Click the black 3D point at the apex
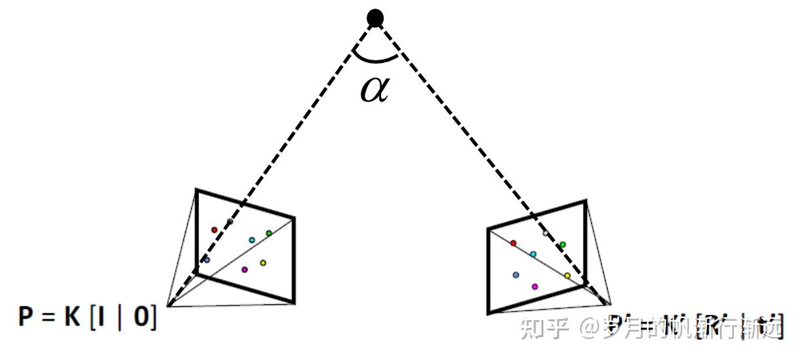click(x=375, y=18)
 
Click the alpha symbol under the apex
click(x=375, y=90)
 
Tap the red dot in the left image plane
click(x=214, y=230)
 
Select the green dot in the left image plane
click(x=268, y=233)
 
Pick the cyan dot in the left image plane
click(x=251, y=240)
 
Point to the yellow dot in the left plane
click(x=263, y=263)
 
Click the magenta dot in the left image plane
click(x=244, y=269)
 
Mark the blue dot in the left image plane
click(x=207, y=260)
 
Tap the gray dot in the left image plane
click(x=229, y=221)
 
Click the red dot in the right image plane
click(x=513, y=243)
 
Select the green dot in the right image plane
click(x=562, y=245)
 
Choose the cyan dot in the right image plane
click(x=533, y=254)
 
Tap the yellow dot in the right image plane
click(x=567, y=276)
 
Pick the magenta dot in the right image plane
click(x=535, y=286)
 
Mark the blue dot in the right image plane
click(x=516, y=275)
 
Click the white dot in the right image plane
click(x=545, y=233)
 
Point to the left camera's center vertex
click(x=168, y=305)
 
